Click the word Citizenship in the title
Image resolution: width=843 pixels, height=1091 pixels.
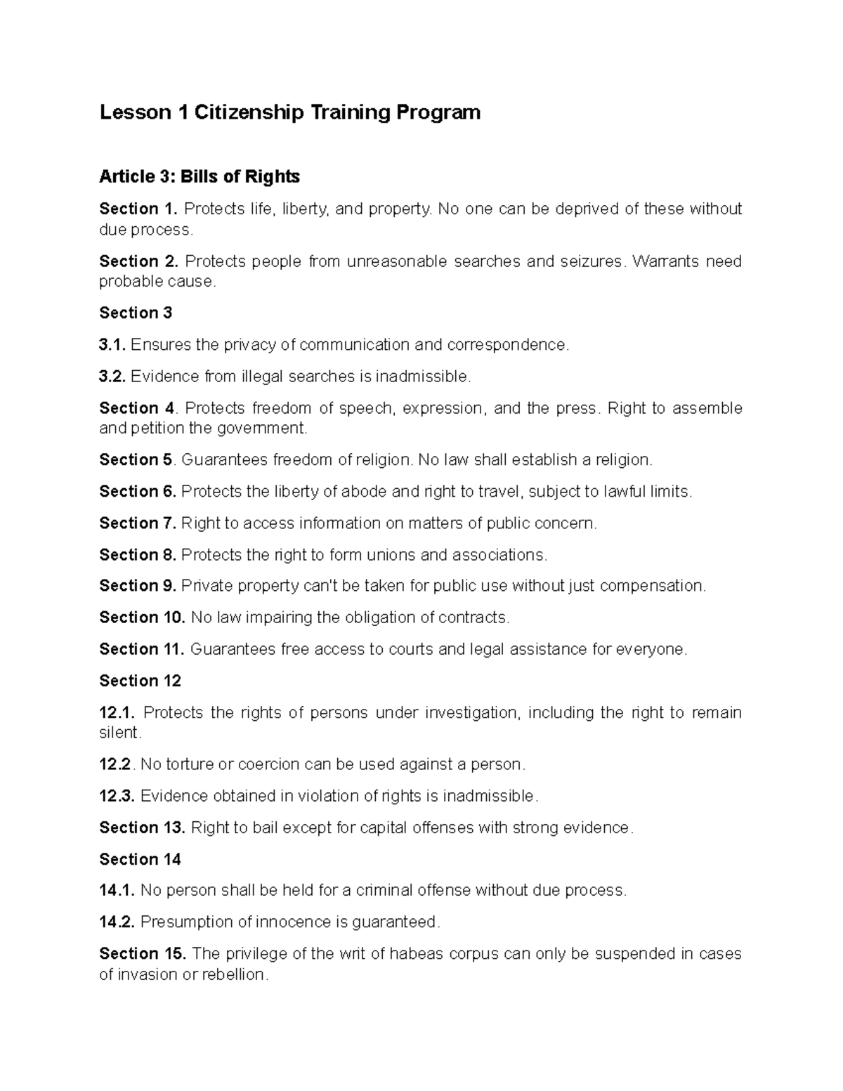[240, 112]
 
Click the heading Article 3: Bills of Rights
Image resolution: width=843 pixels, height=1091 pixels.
[200, 176]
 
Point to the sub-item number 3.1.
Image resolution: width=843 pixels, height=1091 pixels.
[112, 345]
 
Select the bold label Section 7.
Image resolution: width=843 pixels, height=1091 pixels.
[138, 523]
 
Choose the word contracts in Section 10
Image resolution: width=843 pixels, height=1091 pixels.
[473, 618]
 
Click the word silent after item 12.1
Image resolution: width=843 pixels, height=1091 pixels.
[119, 733]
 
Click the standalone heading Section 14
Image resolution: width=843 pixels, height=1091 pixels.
[140, 859]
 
